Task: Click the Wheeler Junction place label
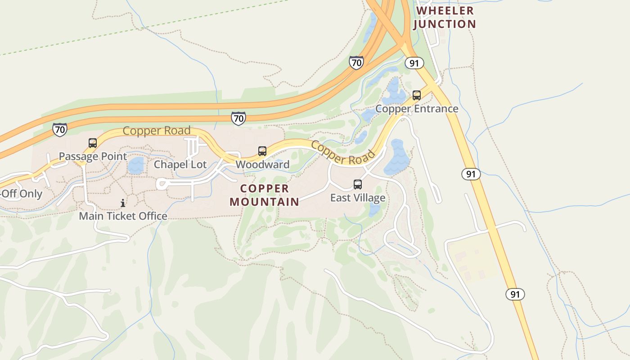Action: [x=444, y=17]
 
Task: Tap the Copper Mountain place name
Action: [x=265, y=195]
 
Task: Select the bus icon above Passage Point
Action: [x=93, y=143]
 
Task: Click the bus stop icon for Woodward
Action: [x=262, y=151]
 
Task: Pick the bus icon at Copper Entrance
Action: [x=417, y=95]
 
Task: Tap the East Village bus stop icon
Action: [x=358, y=184]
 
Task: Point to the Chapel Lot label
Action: [x=180, y=165]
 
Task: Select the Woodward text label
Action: [x=262, y=165]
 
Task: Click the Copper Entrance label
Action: [x=417, y=109]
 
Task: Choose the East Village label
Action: [x=358, y=198]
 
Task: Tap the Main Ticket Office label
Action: [x=123, y=216]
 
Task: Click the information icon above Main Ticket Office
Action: [x=123, y=203]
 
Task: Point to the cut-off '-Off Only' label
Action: [x=21, y=194]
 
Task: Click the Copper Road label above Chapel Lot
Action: [x=157, y=131]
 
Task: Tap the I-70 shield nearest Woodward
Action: [x=238, y=118]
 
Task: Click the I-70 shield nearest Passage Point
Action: [x=60, y=130]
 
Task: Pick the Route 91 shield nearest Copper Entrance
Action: [x=414, y=63]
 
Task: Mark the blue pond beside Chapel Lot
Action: [x=135, y=166]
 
